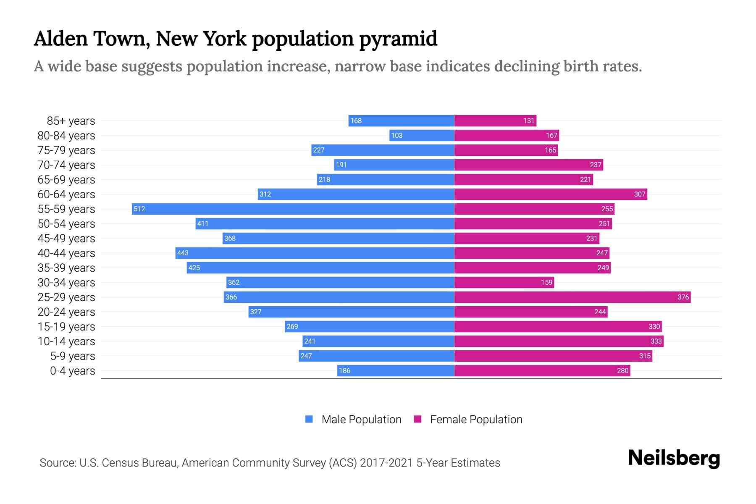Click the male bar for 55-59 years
click(293, 209)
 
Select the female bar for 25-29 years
click(572, 297)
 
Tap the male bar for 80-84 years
click(422, 135)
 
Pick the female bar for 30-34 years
click(504, 282)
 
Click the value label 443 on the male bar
click(183, 253)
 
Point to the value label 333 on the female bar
click(656, 341)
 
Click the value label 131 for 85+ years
click(529, 121)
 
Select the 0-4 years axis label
click(72, 370)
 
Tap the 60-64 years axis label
click(66, 194)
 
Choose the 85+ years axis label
click(71, 121)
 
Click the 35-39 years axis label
click(66, 268)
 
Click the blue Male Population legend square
click(309, 419)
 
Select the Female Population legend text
click(476, 419)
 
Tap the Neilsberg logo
click(674, 458)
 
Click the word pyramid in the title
click(398, 39)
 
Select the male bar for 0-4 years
click(395, 370)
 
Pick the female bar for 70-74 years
click(528, 165)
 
